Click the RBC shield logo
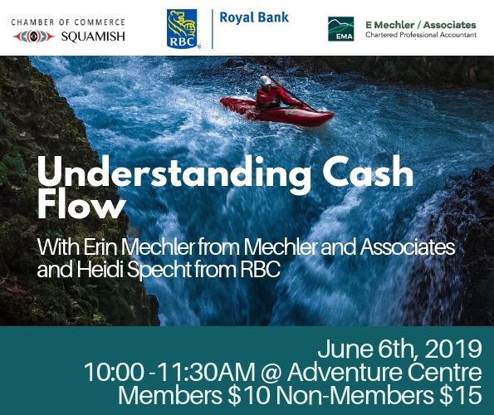coord(182,28)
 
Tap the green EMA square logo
coord(340,29)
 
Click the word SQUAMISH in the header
coord(93,37)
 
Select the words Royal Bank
coord(254,17)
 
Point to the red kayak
coord(276,112)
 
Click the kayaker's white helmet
coord(267,81)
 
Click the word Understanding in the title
coord(174,173)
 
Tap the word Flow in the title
coord(81,206)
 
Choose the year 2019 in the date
coord(453,349)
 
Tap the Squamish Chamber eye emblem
coord(34,37)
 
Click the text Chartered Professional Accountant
coord(421,35)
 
